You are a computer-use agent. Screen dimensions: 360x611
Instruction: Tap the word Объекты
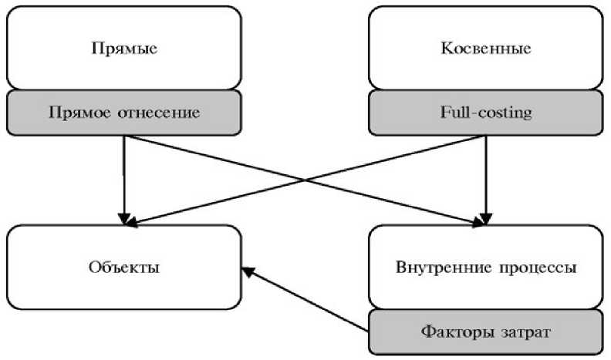[x=124, y=268]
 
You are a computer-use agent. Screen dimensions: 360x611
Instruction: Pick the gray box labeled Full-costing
[x=485, y=113]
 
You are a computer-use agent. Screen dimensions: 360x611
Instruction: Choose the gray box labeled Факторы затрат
[x=485, y=332]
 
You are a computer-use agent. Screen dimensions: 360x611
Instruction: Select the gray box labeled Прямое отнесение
[x=124, y=113]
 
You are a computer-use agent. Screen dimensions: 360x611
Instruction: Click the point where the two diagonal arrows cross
[x=305, y=180]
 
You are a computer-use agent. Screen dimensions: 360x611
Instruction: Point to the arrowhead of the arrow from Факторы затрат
[x=245, y=270]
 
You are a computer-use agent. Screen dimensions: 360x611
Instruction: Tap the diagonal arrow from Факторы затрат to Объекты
[x=309, y=301]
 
